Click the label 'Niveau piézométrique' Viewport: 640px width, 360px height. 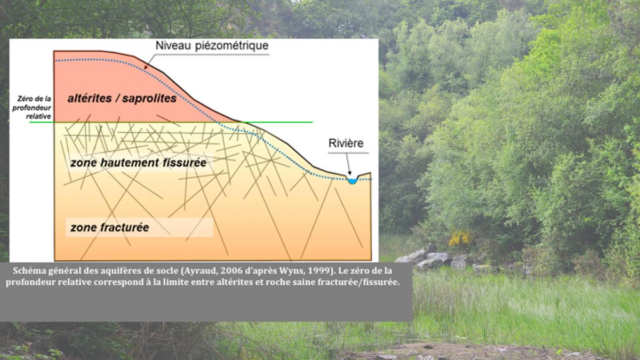[212, 46]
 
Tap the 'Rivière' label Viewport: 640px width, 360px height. [346, 143]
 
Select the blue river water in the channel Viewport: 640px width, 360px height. [353, 181]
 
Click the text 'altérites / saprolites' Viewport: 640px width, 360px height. [122, 98]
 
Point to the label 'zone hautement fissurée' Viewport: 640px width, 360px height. [138, 163]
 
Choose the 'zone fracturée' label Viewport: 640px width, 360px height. [109, 227]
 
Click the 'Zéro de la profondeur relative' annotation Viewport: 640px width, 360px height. [31, 107]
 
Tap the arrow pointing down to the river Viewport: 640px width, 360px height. [348, 164]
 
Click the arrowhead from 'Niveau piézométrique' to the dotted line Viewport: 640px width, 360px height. [146, 67]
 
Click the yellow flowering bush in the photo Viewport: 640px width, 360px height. [460, 237]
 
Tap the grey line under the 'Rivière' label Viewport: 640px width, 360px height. [348, 153]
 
